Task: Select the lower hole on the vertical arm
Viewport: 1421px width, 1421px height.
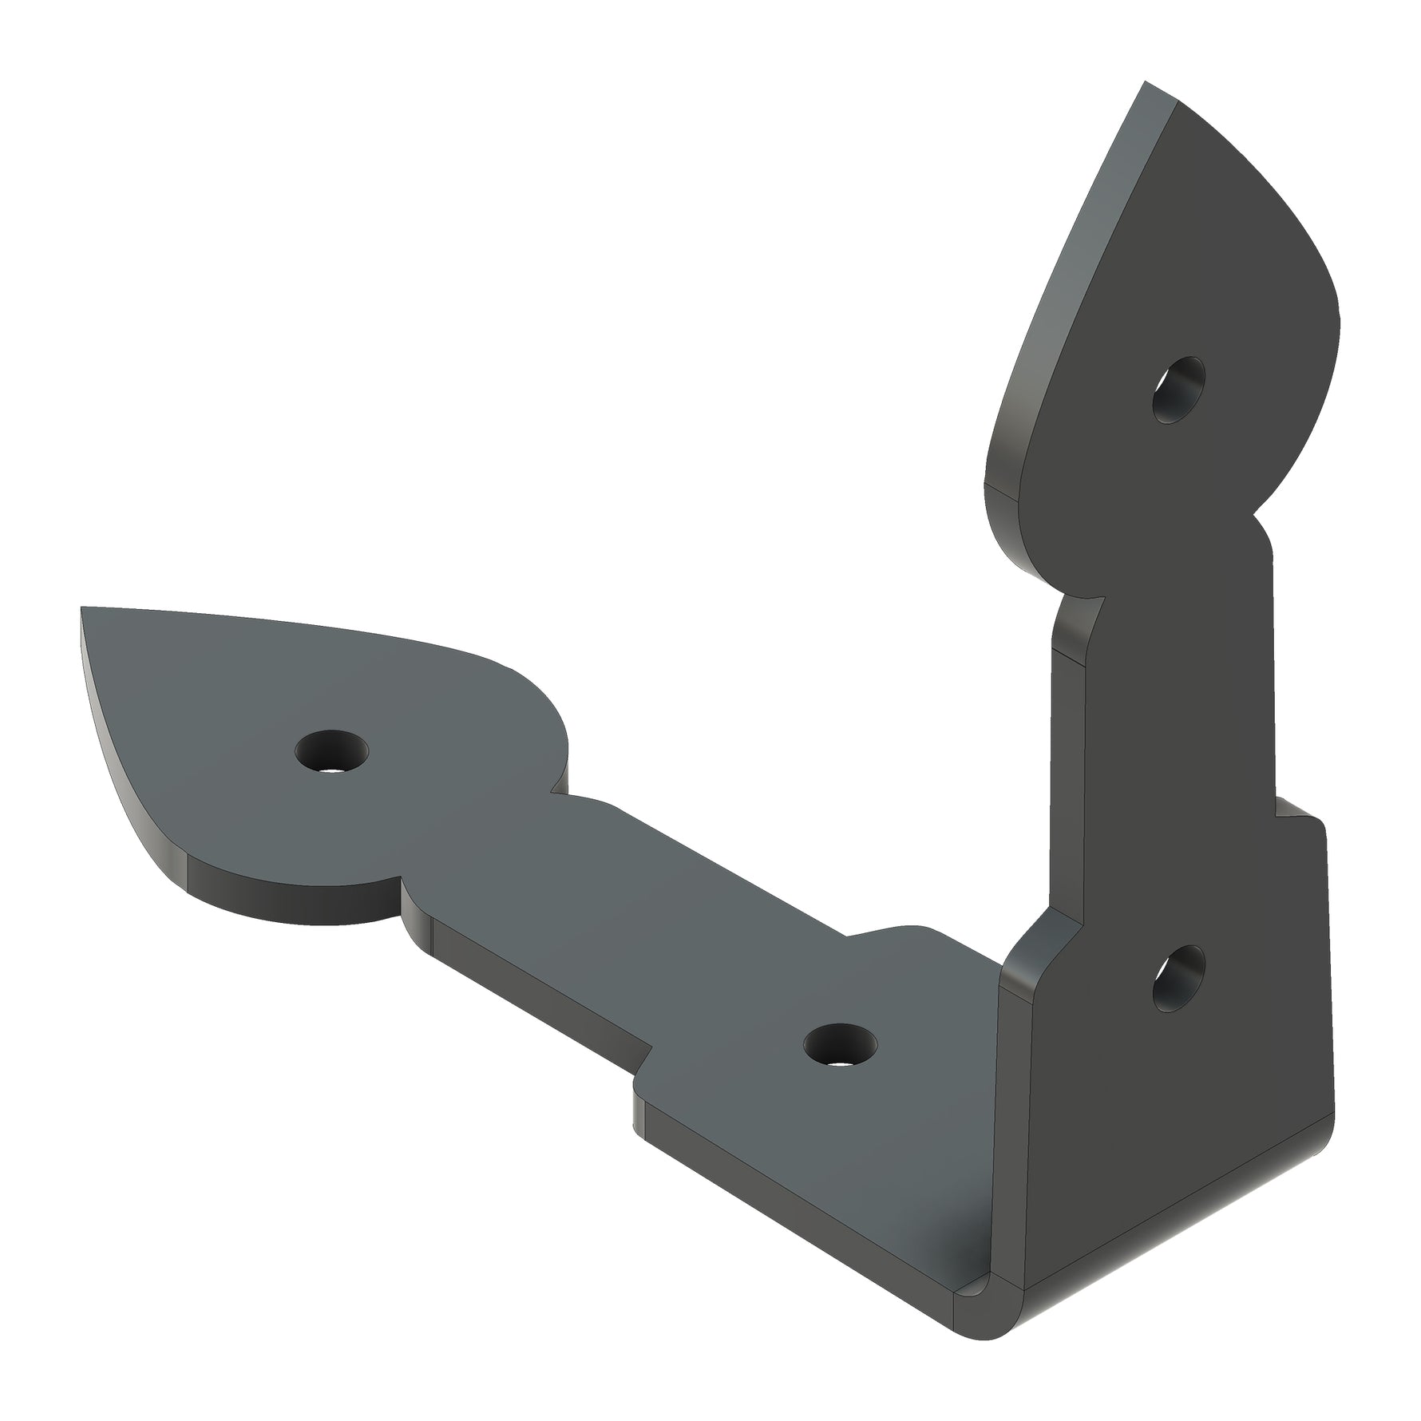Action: (x=1178, y=980)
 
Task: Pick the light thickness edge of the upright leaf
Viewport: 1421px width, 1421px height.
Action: (x=1062, y=303)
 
